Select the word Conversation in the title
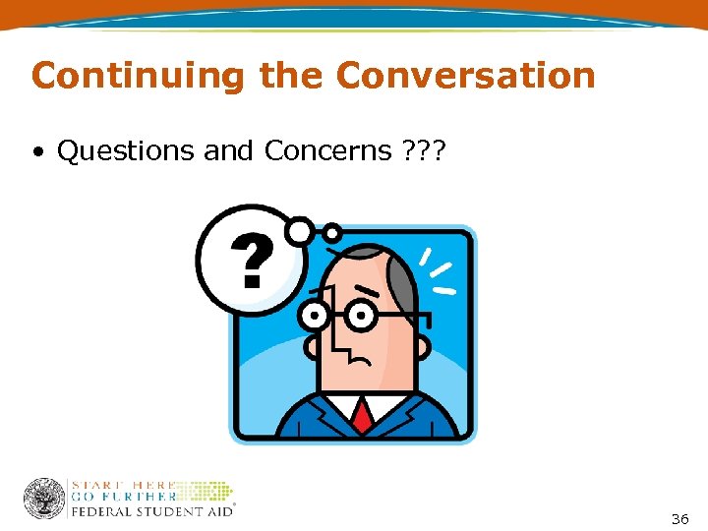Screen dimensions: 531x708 [x=465, y=76]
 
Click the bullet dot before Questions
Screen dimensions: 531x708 [x=37, y=152]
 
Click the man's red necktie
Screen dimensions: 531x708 [x=363, y=415]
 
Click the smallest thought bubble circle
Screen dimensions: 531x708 [x=332, y=233]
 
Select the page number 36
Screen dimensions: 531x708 [x=679, y=518]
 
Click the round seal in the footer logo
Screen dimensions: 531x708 [x=44, y=500]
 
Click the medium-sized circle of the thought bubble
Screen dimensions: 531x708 [x=299, y=230]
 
